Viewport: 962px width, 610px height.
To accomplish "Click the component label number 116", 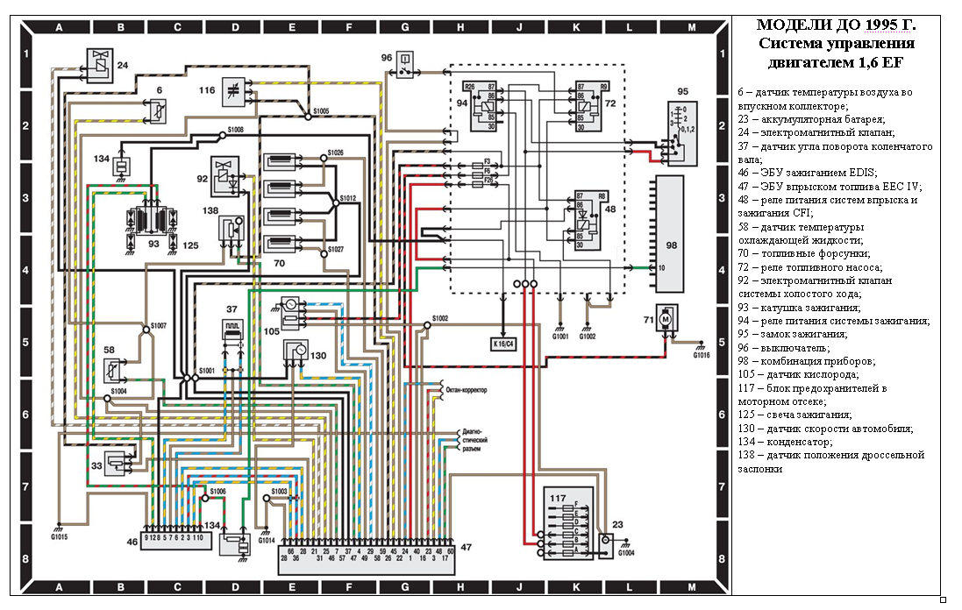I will pos(207,90).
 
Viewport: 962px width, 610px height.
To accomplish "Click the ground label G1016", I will pos(701,356).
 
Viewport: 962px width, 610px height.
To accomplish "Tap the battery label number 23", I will pos(617,526).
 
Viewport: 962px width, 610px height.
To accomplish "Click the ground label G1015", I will pos(60,536).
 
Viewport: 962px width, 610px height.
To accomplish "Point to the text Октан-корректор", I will pos(467,388).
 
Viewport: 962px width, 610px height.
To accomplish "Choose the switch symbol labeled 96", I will pos(404,65).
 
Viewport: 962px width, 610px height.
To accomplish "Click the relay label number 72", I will pos(610,103).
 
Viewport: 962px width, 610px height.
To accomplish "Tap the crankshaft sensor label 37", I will pos(232,309).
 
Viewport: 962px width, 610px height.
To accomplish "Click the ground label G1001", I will pos(561,336).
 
